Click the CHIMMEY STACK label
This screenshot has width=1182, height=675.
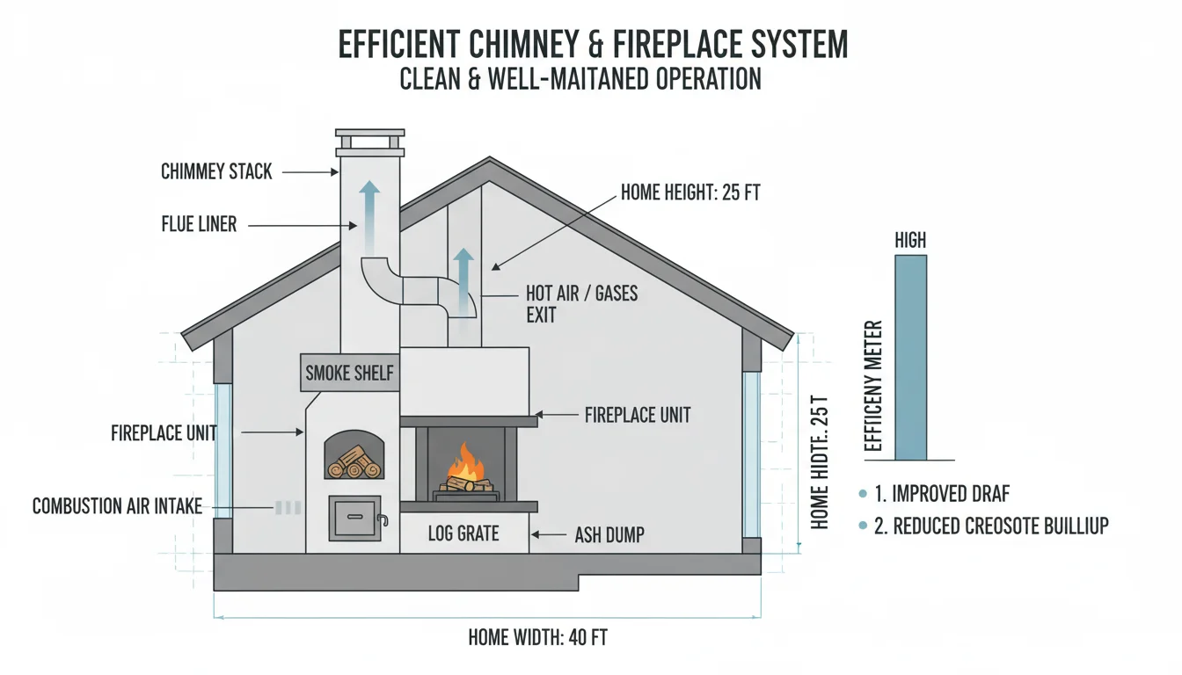pyautogui.click(x=216, y=171)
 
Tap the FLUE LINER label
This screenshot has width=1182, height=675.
pyautogui.click(x=199, y=224)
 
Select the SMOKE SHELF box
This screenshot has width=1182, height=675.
pyautogui.click(x=349, y=374)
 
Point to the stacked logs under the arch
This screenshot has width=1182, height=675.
pyautogui.click(x=354, y=461)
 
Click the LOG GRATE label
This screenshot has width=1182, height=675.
pyautogui.click(x=463, y=533)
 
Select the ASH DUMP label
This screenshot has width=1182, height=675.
pyautogui.click(x=609, y=533)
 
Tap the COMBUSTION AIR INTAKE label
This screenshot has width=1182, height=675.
pyautogui.click(x=117, y=506)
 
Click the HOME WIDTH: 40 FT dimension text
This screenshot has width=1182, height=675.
pyautogui.click(x=537, y=637)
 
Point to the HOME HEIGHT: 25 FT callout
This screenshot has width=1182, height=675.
pyautogui.click(x=689, y=192)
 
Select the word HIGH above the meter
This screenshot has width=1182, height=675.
pyautogui.click(x=910, y=240)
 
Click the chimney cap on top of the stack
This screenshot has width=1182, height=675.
pyautogui.click(x=369, y=143)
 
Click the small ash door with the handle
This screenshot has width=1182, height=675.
pyautogui.click(x=355, y=517)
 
